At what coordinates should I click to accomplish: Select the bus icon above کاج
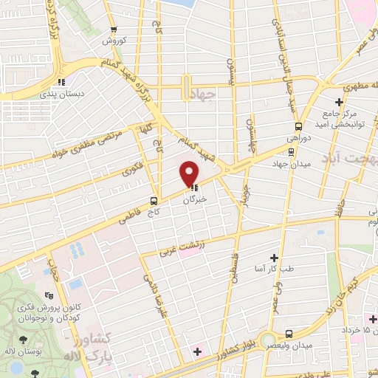pos(154,200)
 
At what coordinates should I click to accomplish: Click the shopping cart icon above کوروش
pos(113,30)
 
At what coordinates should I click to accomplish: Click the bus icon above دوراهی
pos(298,126)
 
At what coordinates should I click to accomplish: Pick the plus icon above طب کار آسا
pos(274,258)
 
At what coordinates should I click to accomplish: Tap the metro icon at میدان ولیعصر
pos(289,333)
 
